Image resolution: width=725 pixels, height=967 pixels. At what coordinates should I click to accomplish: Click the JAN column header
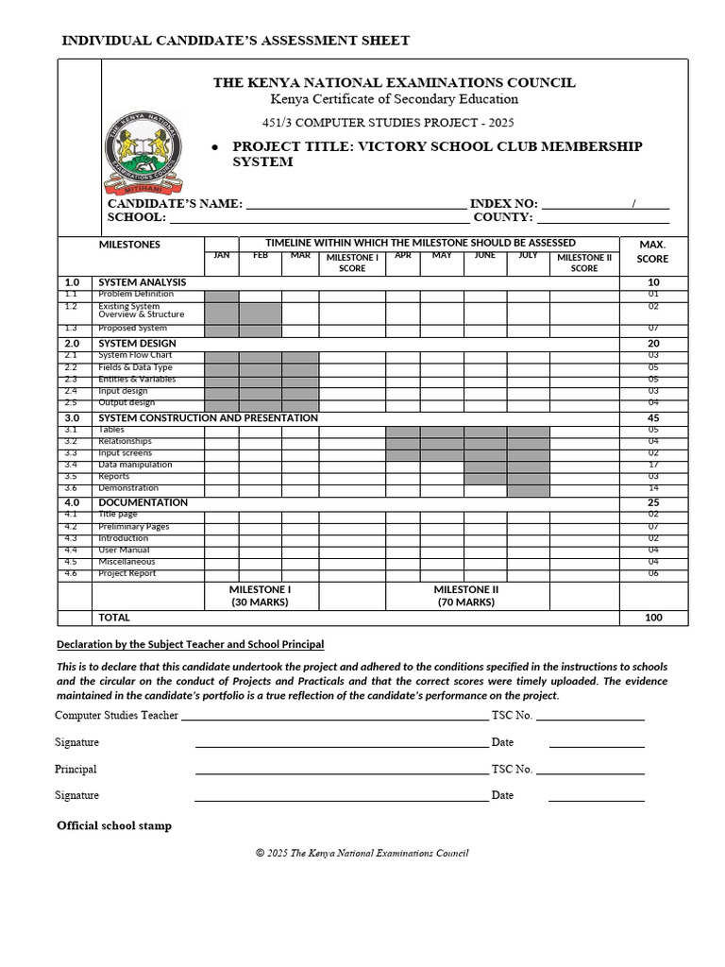point(222,255)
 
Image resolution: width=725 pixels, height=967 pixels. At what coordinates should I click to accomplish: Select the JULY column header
point(528,255)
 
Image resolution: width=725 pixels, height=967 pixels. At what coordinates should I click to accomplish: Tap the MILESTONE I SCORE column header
point(352,263)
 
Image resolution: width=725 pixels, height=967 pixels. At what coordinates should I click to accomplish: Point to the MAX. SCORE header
point(652,251)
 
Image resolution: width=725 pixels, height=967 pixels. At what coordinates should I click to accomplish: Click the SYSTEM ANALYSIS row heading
point(143,282)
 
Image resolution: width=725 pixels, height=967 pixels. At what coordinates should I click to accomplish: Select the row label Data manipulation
point(135,465)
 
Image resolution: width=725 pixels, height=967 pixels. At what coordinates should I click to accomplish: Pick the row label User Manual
point(124,550)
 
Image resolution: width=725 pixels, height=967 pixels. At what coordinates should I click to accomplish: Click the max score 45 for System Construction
point(653,417)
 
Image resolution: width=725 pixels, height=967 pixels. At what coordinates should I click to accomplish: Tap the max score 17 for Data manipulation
point(653,465)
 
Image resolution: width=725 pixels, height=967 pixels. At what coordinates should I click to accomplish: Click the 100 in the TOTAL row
point(653,618)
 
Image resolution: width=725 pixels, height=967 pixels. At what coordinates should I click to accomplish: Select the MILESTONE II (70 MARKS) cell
point(466,596)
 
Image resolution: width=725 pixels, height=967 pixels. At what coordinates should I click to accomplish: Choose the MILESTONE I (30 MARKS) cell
point(261,596)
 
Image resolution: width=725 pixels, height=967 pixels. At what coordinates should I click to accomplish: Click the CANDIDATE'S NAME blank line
point(355,204)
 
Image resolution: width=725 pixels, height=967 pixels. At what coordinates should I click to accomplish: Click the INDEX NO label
point(503,204)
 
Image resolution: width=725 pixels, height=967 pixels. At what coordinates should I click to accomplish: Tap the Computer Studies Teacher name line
point(335,716)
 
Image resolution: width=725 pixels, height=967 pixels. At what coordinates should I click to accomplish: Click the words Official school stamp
point(114,826)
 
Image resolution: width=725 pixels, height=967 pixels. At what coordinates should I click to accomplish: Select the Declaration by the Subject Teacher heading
point(190,644)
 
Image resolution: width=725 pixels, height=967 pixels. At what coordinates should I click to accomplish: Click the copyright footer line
point(362,854)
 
